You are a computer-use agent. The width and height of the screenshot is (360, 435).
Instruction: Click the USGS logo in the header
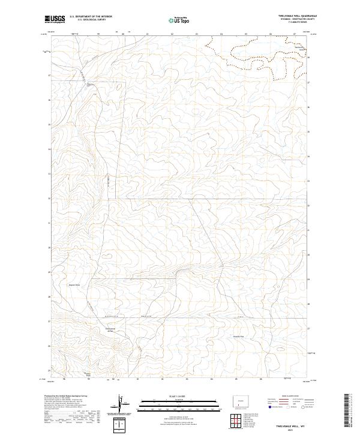55,20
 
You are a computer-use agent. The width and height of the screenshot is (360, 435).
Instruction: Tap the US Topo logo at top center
181,19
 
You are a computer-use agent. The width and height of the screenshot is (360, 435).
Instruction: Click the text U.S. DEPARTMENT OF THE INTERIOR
91,16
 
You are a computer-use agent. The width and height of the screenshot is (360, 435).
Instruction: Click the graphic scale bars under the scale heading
170,406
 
